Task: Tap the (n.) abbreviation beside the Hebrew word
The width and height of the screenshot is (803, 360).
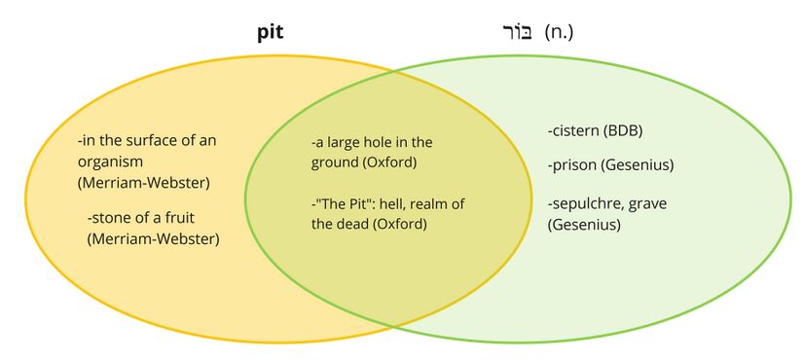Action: click(x=561, y=33)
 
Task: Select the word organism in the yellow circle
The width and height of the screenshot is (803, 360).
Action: click(x=111, y=161)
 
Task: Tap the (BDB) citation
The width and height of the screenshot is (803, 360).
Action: click(x=623, y=130)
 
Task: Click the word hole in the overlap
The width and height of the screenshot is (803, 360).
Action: click(x=374, y=142)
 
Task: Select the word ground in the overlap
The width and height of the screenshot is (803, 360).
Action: click(x=334, y=162)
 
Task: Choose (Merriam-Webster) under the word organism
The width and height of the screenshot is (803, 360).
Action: click(x=143, y=182)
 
